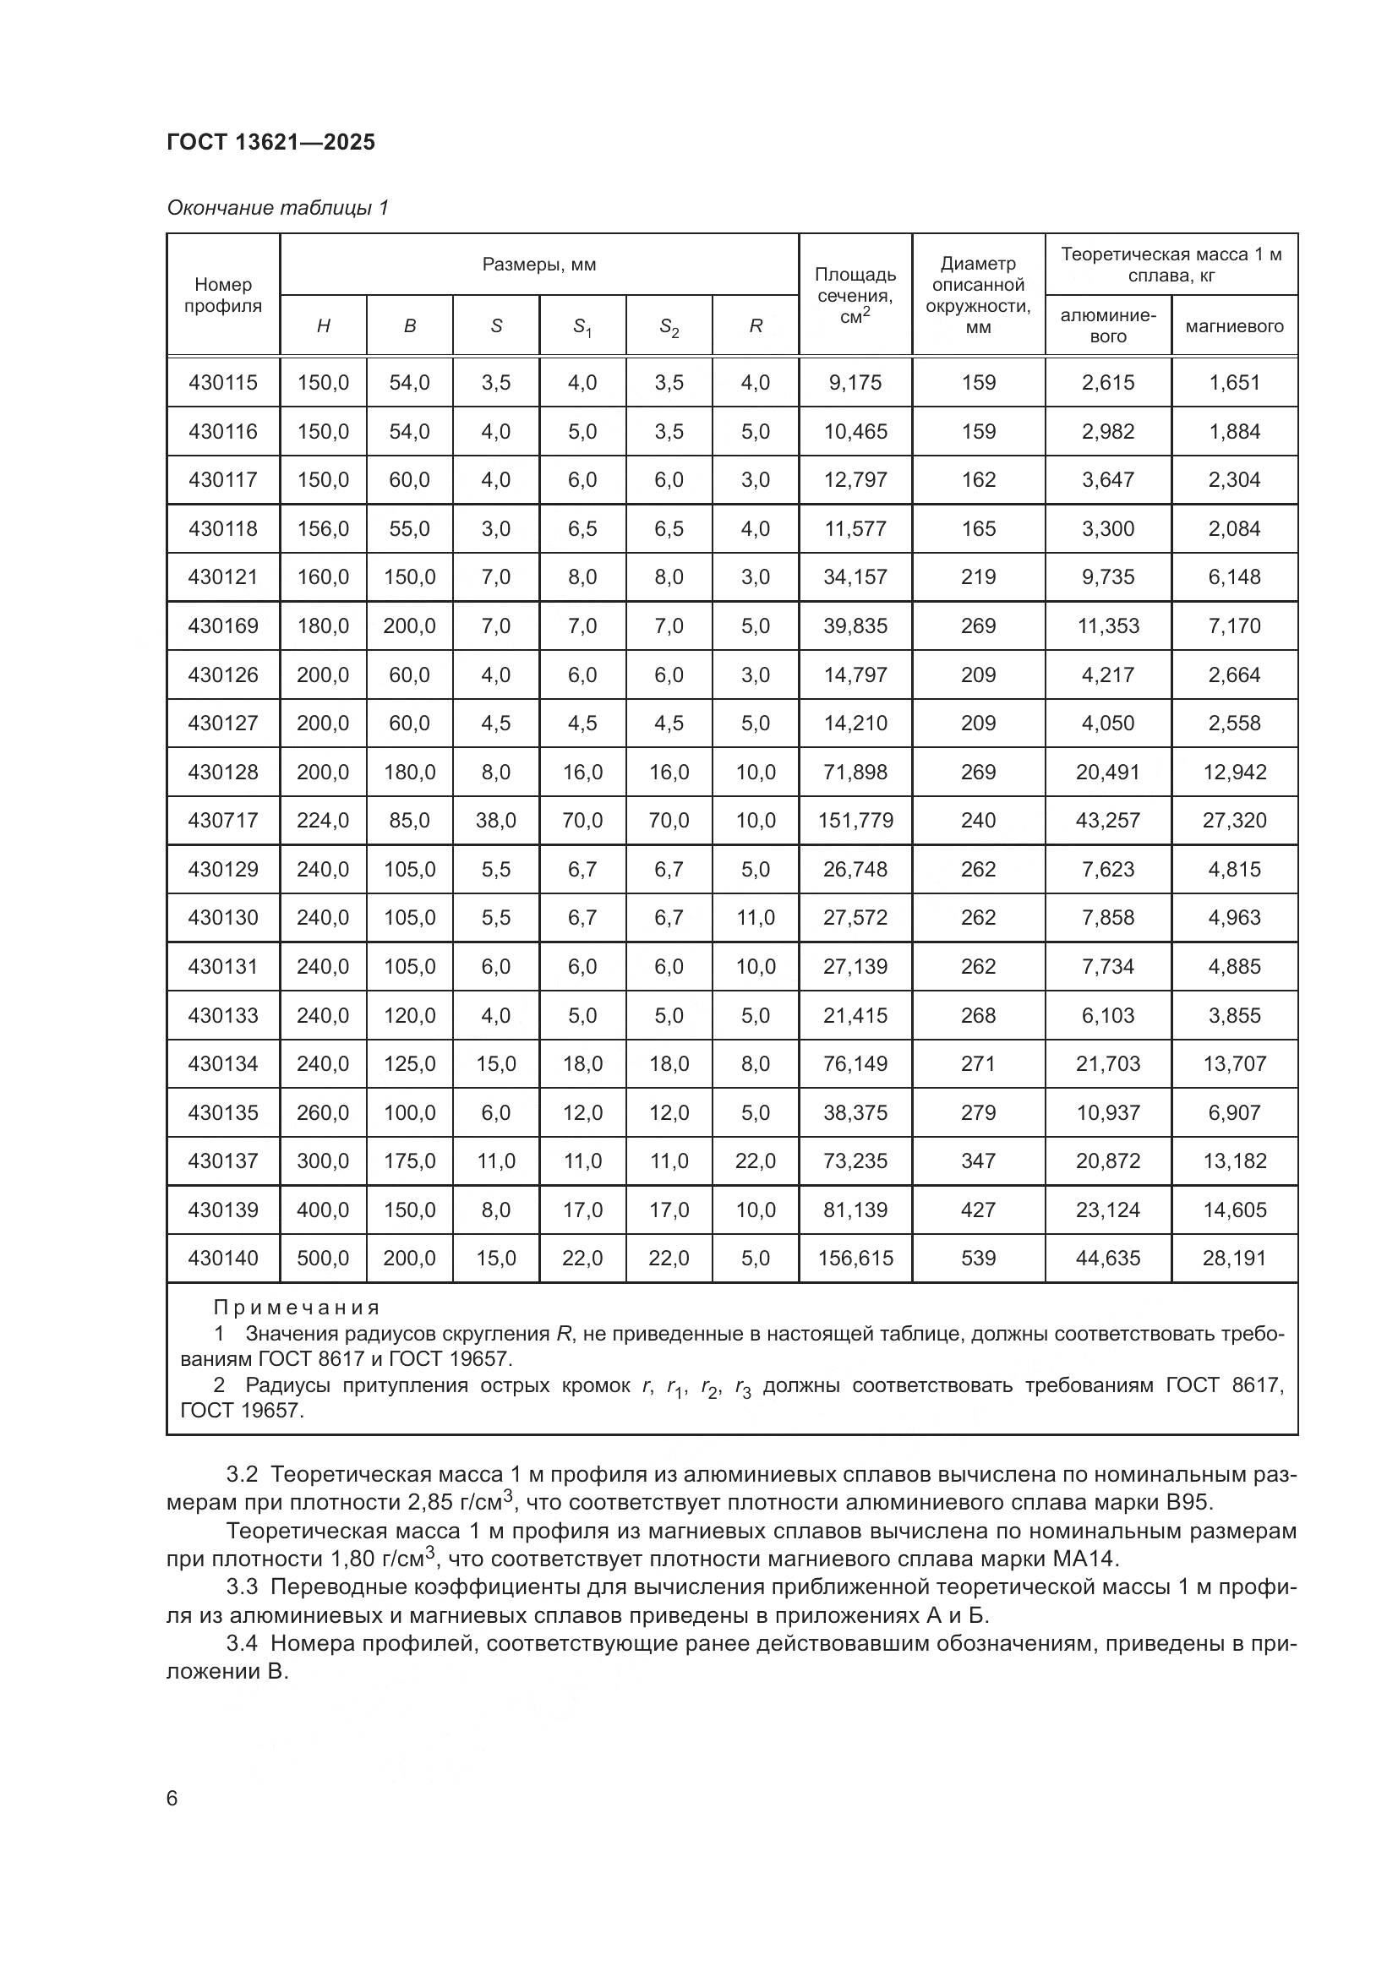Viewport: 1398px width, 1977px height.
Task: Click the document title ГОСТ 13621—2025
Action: pyautogui.click(x=271, y=142)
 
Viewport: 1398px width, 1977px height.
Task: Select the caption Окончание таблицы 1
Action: pyautogui.click(x=277, y=208)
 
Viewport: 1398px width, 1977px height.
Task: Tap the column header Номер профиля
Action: pyautogui.click(x=223, y=295)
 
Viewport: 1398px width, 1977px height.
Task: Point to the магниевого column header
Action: pyautogui.click(x=1233, y=326)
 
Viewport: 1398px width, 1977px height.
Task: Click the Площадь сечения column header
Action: pyautogui.click(x=855, y=295)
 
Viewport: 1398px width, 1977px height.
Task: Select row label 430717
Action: pyautogui.click(x=223, y=821)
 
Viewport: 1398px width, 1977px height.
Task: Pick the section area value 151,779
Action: pyautogui.click(x=855, y=821)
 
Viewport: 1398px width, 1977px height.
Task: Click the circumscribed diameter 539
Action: pyautogui.click(x=978, y=1259)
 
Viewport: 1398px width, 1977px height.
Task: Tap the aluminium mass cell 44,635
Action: pyautogui.click(x=1107, y=1259)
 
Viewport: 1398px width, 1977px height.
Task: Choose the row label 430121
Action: pyautogui.click(x=223, y=577)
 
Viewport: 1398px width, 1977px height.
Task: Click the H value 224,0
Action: pyautogui.click(x=323, y=821)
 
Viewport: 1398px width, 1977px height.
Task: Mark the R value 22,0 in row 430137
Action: pyautogui.click(x=755, y=1161)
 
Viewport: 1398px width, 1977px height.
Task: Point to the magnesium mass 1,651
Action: pyautogui.click(x=1233, y=382)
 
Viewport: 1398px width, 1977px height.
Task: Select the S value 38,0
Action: pyautogui.click(x=496, y=821)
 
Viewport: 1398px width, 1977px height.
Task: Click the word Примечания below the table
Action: pyautogui.click(x=296, y=1308)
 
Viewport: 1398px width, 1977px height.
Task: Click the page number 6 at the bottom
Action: pyautogui.click(x=172, y=1799)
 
